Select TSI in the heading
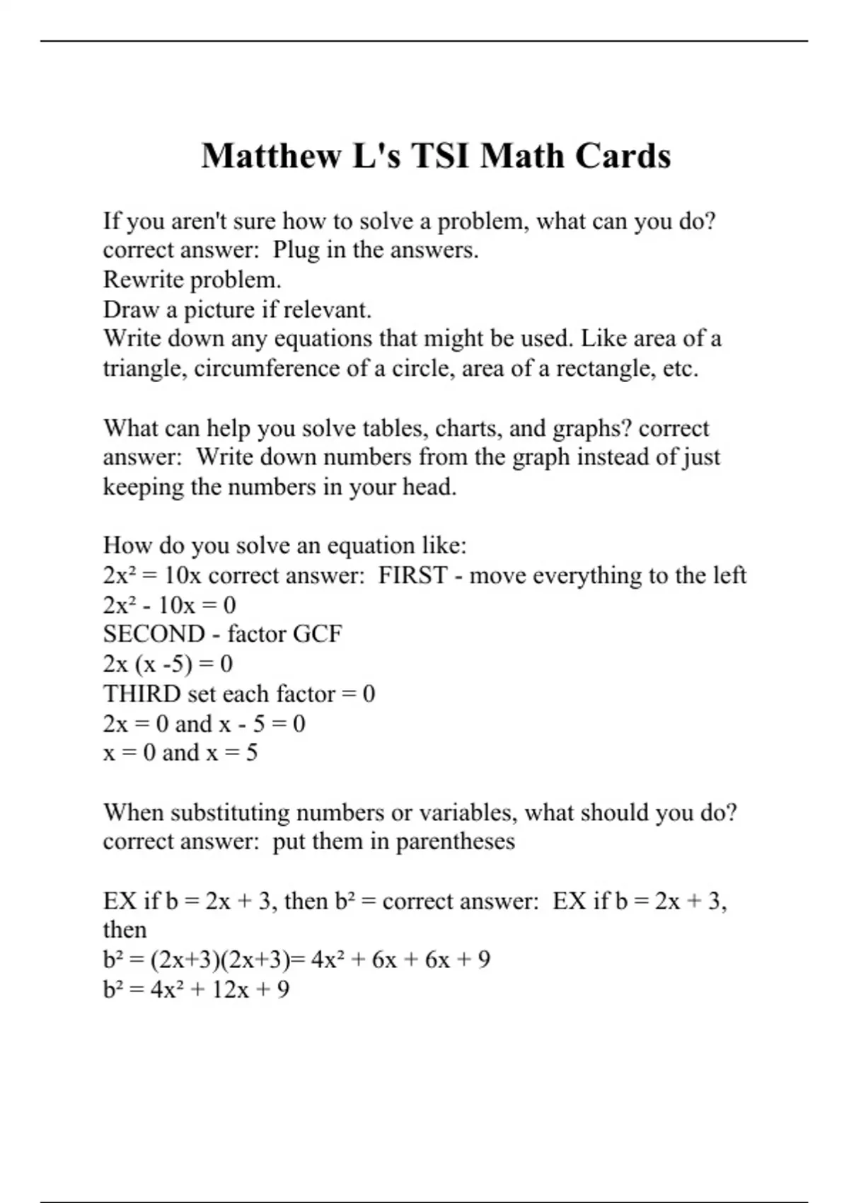[x=439, y=156]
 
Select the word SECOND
[x=154, y=634]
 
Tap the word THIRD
[x=142, y=693]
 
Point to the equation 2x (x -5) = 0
[x=168, y=664]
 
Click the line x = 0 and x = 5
[x=180, y=752]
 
